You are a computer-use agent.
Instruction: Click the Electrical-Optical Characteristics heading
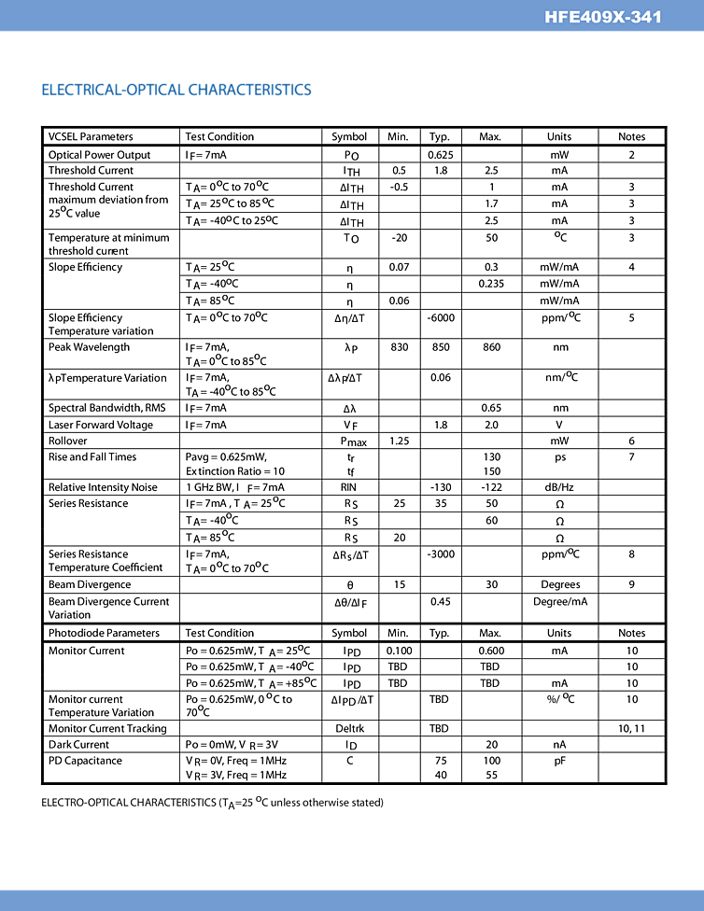(176, 90)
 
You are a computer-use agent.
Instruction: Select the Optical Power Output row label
(99, 155)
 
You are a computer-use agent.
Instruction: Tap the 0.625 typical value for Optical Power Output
(440, 155)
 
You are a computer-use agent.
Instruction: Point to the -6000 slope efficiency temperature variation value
(440, 318)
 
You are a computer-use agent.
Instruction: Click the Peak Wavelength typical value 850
(440, 347)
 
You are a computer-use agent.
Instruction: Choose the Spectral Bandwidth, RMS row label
(106, 408)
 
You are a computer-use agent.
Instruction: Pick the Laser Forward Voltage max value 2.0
(491, 425)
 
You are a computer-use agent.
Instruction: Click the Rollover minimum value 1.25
(399, 441)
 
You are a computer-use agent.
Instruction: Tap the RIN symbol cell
(349, 487)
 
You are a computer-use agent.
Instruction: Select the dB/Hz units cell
(558, 487)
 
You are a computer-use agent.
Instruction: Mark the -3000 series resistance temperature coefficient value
(440, 554)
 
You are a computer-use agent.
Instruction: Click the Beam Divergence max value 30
(491, 585)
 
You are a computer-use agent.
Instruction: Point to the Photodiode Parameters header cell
(104, 633)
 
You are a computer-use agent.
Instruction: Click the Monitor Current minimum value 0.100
(399, 651)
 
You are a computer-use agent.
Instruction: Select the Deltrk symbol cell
(349, 729)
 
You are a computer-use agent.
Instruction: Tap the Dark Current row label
(78, 745)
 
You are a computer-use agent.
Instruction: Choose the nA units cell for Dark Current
(558, 745)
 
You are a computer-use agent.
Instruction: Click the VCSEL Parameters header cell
(91, 136)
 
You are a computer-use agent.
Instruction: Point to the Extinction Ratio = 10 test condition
(234, 471)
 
